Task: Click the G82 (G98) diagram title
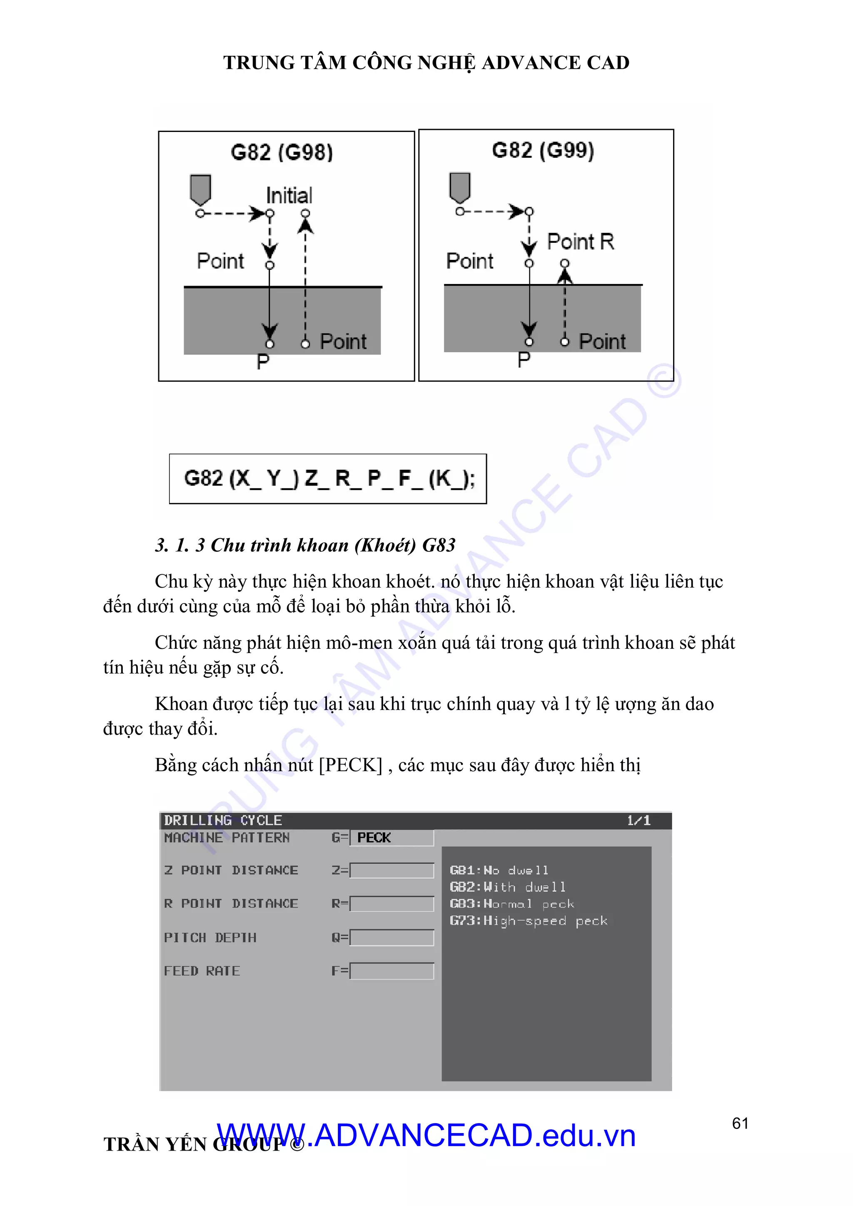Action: [282, 152]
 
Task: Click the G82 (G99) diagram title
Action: [543, 150]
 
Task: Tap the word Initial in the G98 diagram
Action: [289, 195]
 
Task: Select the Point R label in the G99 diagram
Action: [580, 242]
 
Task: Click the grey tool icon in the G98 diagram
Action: [200, 189]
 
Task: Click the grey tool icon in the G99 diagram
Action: [460, 187]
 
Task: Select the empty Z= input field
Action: [392, 870]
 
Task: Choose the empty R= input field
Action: [392, 904]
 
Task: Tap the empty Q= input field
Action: [392, 937]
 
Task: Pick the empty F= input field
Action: [392, 971]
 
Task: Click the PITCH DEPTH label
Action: [210, 937]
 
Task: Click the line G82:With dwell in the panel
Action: [507, 887]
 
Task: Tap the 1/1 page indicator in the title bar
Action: [639, 820]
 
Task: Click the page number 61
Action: [740, 1123]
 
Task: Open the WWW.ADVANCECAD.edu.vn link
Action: [426, 1136]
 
